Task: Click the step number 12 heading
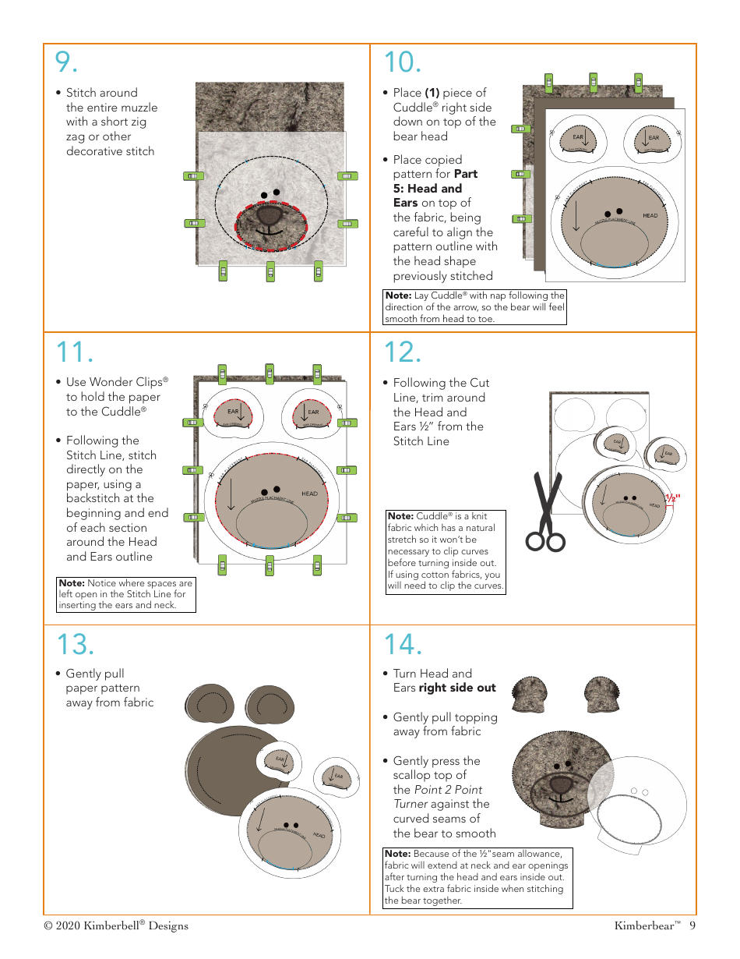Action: [402, 352]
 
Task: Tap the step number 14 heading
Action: [402, 644]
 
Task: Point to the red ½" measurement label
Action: [673, 498]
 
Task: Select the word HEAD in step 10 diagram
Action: [650, 215]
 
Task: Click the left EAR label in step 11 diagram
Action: [233, 412]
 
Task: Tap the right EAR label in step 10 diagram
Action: [654, 138]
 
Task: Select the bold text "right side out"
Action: [456, 688]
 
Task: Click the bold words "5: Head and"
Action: [427, 189]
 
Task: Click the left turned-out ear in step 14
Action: [530, 693]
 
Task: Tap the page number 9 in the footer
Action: [692, 925]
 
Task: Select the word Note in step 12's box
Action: [400, 516]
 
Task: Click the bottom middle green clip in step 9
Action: [270, 271]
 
